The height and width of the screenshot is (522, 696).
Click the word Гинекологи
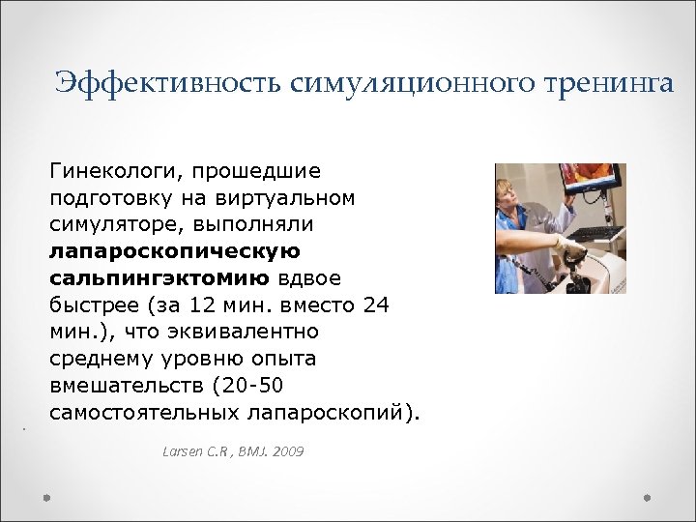(x=113, y=171)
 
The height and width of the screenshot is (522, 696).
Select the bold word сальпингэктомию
(x=160, y=279)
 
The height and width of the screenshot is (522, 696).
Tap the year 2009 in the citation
(x=287, y=451)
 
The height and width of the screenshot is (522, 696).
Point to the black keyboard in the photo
(x=591, y=233)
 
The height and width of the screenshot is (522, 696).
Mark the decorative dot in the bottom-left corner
(x=46, y=498)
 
